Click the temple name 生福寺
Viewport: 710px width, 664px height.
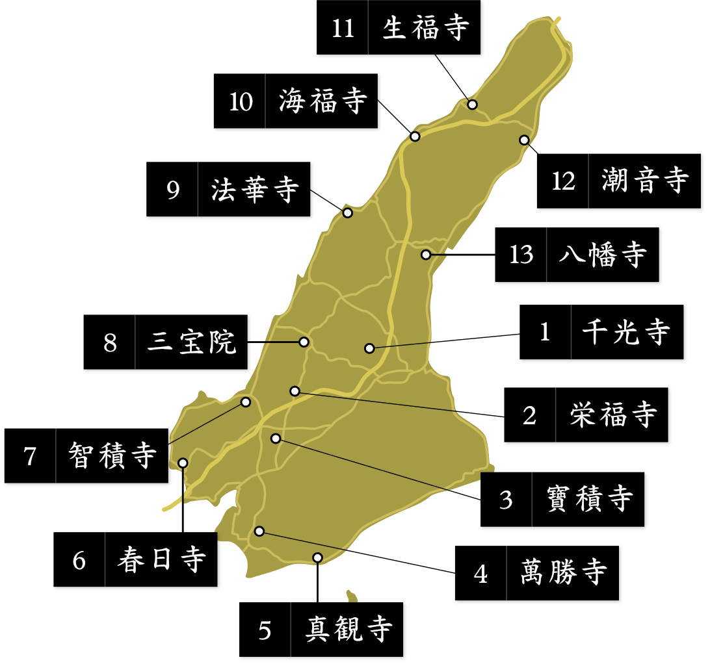426,29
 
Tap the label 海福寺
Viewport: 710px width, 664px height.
323,101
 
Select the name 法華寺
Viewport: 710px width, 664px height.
255,190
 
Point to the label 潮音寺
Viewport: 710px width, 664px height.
644,180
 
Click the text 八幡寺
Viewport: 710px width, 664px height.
603,255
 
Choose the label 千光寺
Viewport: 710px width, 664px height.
625,332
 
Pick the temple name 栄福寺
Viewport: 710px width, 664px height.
613,415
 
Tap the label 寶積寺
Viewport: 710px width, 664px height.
590,499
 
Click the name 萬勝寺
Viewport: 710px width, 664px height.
564,572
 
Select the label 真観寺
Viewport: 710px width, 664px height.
348,630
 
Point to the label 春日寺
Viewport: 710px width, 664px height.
162,559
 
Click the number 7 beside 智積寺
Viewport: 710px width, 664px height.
30,456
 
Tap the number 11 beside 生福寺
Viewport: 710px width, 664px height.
343,29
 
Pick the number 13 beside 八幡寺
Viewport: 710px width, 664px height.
521,255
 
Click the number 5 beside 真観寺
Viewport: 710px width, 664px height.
265,630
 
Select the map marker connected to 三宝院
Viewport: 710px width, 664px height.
304,342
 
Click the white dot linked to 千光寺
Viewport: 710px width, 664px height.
369,348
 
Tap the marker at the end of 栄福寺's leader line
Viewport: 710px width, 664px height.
295,391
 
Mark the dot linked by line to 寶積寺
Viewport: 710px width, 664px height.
276,439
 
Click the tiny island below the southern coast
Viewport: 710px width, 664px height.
352,596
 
